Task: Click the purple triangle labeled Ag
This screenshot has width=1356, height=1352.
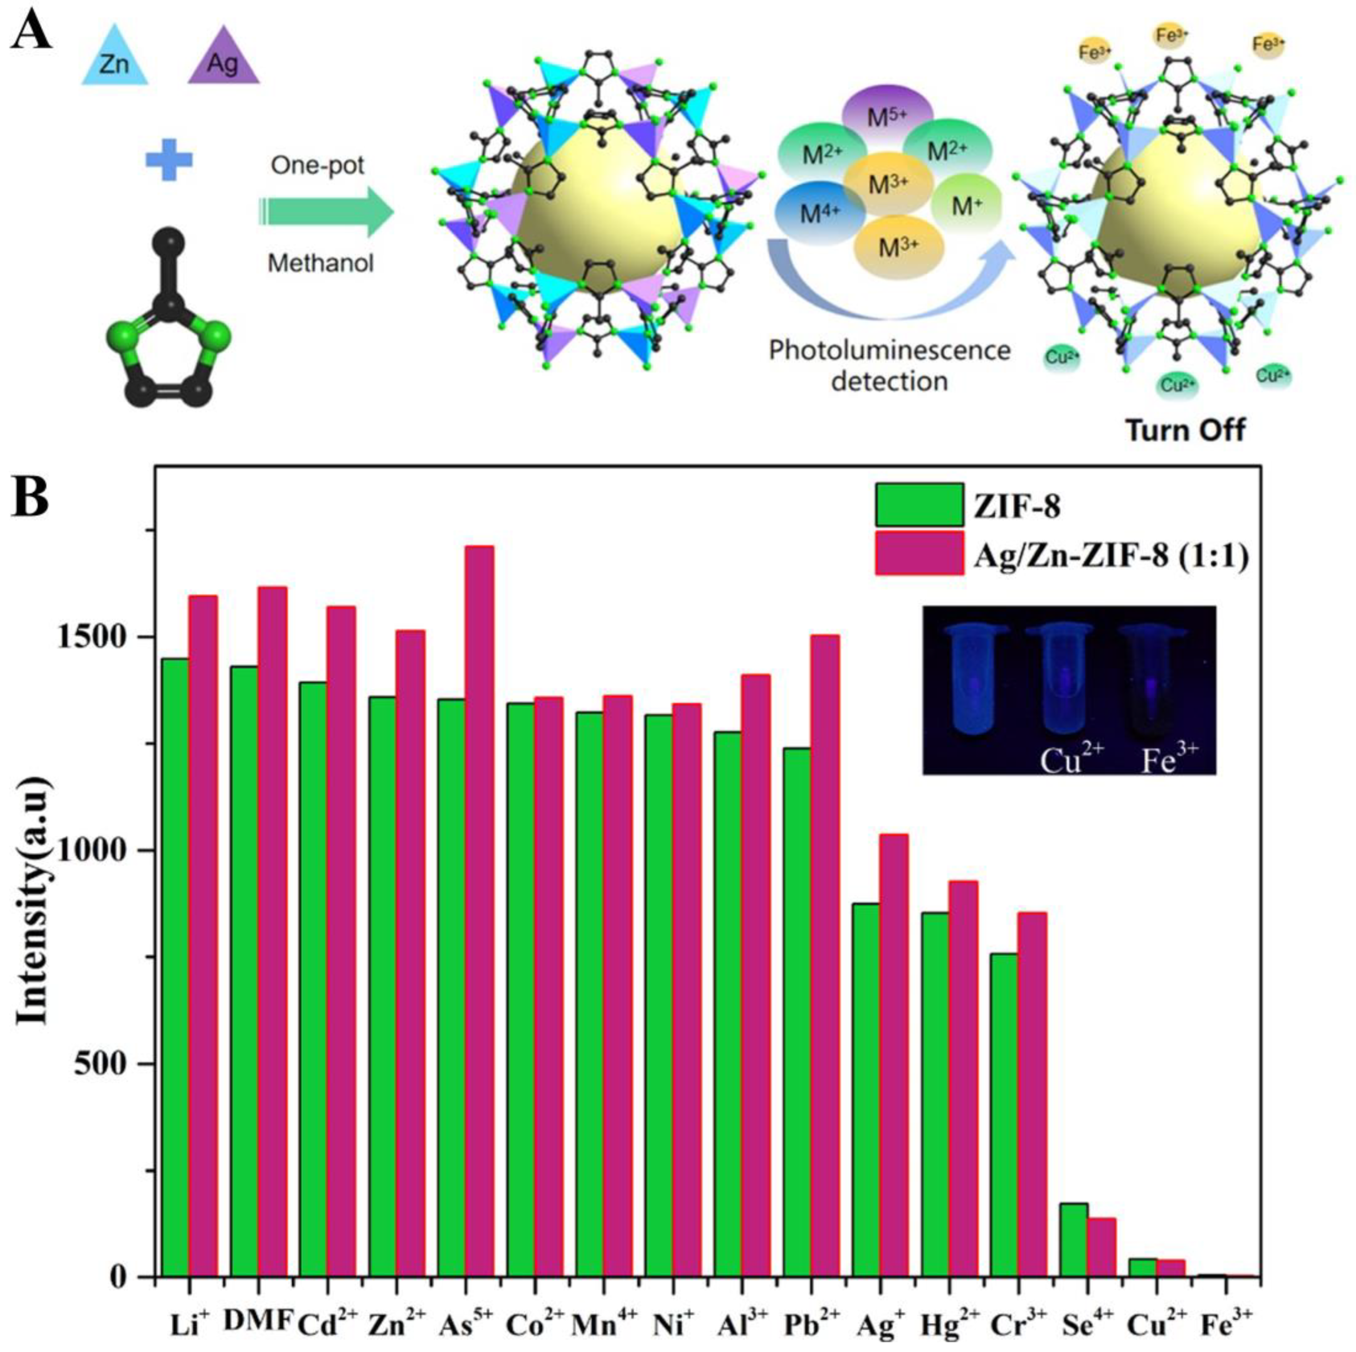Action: (x=223, y=60)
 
